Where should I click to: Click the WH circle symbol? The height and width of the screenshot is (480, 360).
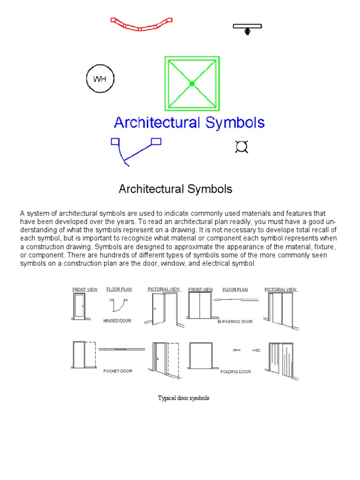[x=100, y=79]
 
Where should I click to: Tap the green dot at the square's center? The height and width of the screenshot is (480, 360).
[x=192, y=83]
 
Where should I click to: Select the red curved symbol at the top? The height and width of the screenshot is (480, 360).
[x=141, y=24]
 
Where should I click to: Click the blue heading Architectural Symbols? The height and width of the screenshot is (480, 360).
[x=189, y=123]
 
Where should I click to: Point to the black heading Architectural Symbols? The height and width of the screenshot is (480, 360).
[x=175, y=189]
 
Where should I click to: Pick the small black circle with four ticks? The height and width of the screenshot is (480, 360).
[x=241, y=147]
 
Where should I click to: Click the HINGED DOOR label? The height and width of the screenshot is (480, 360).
[x=117, y=321]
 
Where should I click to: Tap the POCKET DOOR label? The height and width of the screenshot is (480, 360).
[x=118, y=371]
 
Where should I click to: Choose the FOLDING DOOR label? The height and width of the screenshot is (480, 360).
[x=235, y=371]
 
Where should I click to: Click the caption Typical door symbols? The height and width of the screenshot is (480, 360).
[x=183, y=398]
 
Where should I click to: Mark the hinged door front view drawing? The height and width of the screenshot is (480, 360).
[x=79, y=307]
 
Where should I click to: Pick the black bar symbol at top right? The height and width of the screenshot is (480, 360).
[x=247, y=28]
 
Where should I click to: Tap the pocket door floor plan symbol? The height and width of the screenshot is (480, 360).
[x=121, y=349]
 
